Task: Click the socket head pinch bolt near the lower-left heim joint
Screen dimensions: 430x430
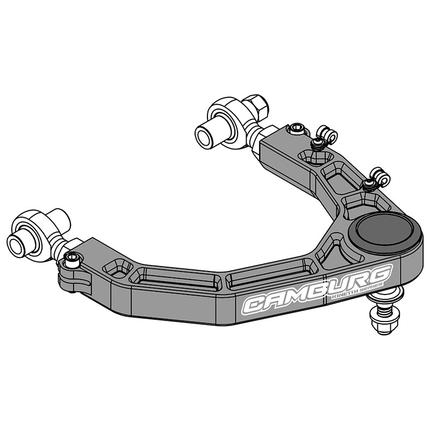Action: click(73, 260)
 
